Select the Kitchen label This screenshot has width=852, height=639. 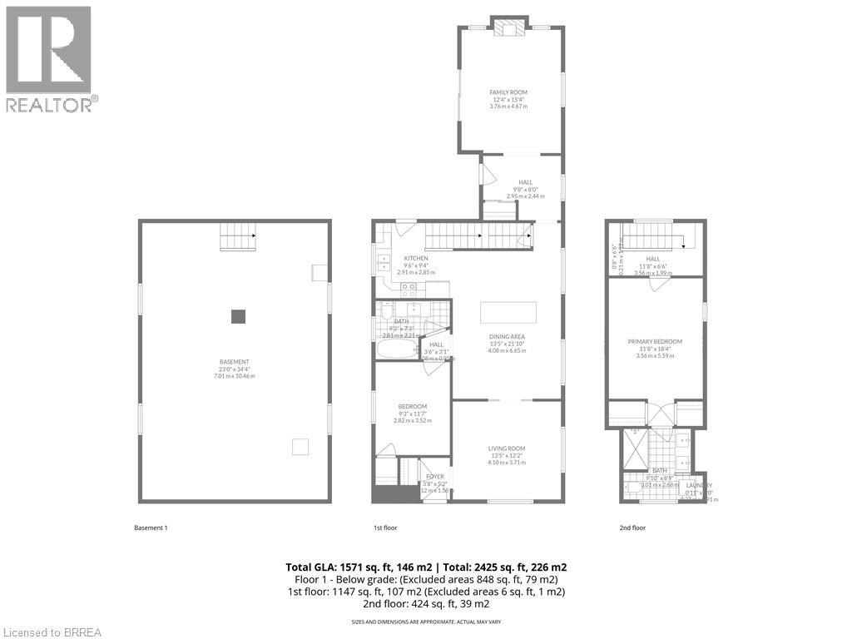pos(415,259)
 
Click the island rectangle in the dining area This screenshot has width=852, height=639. pos(508,313)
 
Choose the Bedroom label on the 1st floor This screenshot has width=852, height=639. pos(412,406)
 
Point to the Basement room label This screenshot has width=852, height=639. pos(235,362)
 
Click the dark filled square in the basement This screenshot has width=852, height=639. pos(239,316)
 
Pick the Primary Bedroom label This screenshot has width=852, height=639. pos(655,341)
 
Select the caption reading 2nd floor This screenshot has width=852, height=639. pos(632,528)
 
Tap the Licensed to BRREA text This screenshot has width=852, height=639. pos(52,632)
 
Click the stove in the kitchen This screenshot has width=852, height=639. pos(409,290)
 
